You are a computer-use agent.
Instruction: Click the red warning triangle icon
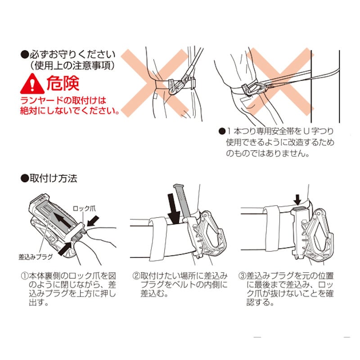click(32, 84)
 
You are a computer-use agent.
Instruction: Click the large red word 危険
click(63, 83)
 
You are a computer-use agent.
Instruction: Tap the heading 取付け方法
click(53, 178)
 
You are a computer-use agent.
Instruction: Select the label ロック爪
click(84, 208)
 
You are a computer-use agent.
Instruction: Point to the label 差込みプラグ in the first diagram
click(36, 256)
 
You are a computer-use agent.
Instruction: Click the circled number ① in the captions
click(25, 275)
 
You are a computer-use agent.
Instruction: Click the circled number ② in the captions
click(136, 275)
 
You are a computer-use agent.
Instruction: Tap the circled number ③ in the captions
click(242, 275)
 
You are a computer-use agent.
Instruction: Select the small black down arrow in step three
click(297, 199)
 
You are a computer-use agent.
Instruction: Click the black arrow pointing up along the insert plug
click(64, 221)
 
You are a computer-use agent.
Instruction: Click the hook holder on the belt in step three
click(312, 234)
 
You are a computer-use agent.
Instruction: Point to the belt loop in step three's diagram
click(272, 229)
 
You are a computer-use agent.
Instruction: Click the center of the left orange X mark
click(155, 83)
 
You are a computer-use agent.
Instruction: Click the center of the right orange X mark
click(280, 82)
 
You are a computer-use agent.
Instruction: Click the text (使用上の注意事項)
click(72, 66)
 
